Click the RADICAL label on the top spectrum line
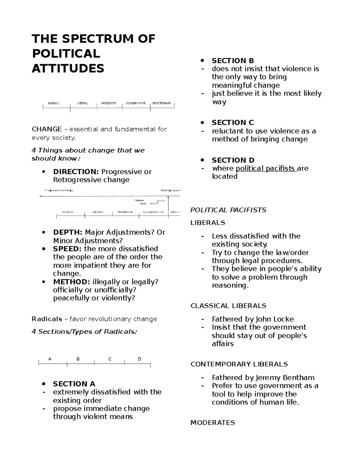pyautogui.click(x=54, y=103)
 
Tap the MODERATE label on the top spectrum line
pyautogui.click(x=109, y=103)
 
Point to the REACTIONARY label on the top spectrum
pyautogui.click(x=162, y=103)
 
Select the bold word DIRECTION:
pyautogui.click(x=76, y=172)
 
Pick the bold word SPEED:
pyautogui.click(x=67, y=249)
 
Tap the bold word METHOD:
pyautogui.click(x=71, y=282)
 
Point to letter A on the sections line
pyautogui.click(x=50, y=359)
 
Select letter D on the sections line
pyautogui.click(x=139, y=359)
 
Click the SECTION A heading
pyautogui.click(x=74, y=384)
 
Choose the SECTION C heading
pyautogui.click(x=233, y=122)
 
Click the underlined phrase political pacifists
pyautogui.click(x=265, y=168)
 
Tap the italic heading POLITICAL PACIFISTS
pyautogui.click(x=228, y=210)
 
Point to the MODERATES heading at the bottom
pyautogui.click(x=213, y=422)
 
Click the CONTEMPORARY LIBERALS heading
pyautogui.click(x=239, y=364)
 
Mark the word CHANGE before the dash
pyautogui.click(x=47, y=129)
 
